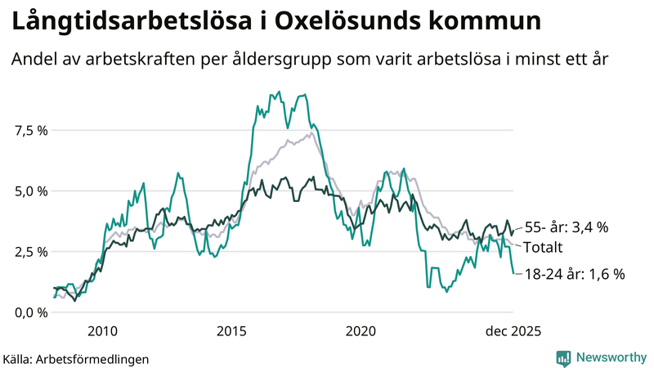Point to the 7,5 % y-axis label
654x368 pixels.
(x=30, y=131)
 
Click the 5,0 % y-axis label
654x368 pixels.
(x=30, y=191)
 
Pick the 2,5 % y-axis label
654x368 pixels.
(x=30, y=252)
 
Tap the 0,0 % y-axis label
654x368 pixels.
(x=30, y=312)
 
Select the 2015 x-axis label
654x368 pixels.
(x=231, y=331)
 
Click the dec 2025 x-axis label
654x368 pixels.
(x=513, y=331)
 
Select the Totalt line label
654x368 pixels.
(x=544, y=247)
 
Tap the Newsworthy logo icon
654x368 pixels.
(x=563, y=357)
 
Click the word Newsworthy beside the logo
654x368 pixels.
(x=610, y=357)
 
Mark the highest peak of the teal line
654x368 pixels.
(x=280, y=92)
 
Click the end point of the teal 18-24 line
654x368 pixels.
(x=513, y=273)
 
